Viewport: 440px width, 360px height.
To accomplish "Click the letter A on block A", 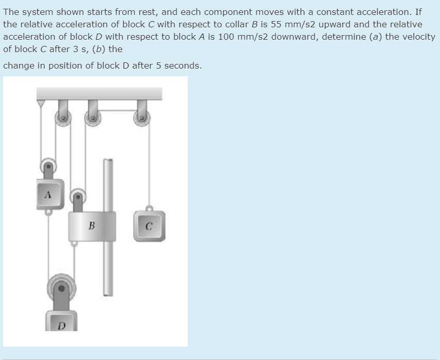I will (x=48, y=195).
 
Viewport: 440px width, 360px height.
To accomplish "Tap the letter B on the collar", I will (x=91, y=225).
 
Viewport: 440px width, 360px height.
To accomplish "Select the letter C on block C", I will (x=149, y=225).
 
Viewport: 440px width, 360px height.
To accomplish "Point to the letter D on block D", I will (x=62, y=325).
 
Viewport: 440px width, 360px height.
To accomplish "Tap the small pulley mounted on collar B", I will (x=78, y=196).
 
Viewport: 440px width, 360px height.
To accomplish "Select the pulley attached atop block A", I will (x=48, y=166).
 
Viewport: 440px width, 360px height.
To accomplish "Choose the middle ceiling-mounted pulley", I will (x=93, y=118).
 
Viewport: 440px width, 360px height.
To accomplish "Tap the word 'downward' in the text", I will (x=291, y=37).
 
